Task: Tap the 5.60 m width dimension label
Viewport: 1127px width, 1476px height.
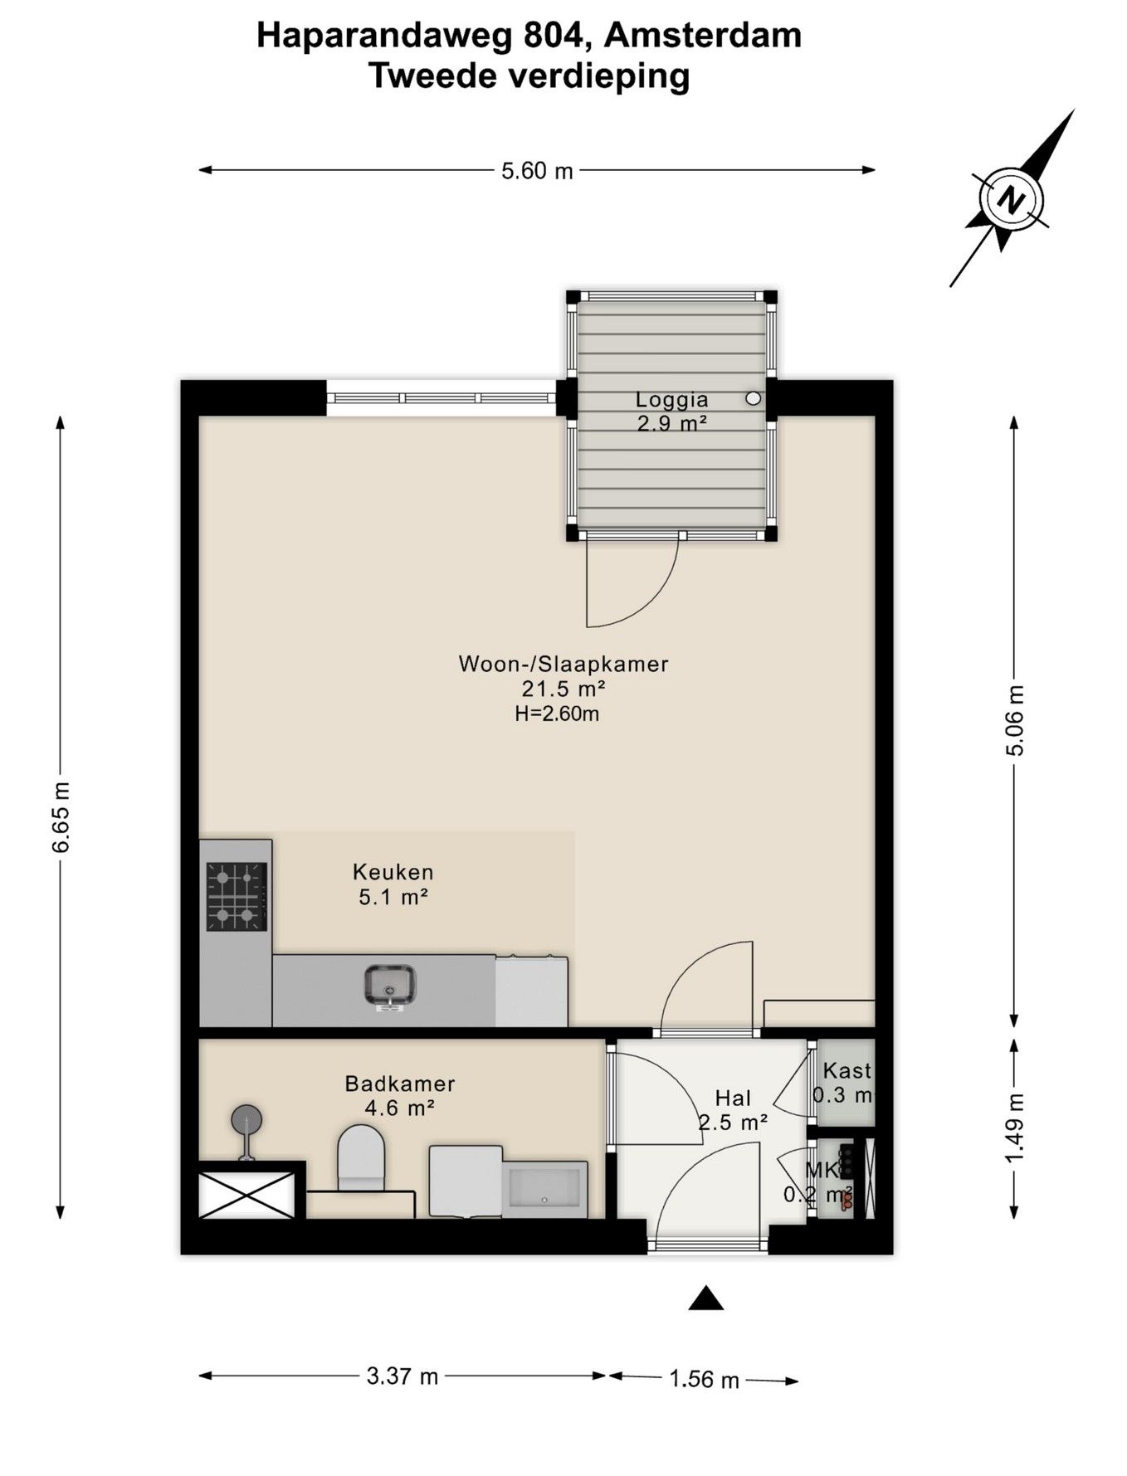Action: (x=537, y=171)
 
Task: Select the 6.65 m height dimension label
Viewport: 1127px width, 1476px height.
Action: (x=61, y=817)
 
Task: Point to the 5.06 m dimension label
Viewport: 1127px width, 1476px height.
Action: (x=1014, y=720)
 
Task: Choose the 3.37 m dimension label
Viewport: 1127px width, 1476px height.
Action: (x=402, y=1376)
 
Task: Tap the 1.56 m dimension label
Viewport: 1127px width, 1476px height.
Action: (x=704, y=1379)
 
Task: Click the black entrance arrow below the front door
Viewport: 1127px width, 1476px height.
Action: (x=705, y=1298)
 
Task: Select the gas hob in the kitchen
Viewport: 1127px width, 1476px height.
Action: (x=237, y=896)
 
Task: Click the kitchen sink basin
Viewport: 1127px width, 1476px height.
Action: (x=390, y=984)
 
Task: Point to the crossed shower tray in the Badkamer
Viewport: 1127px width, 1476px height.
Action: (x=246, y=1195)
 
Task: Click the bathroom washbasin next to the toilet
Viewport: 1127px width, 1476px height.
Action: (x=544, y=1189)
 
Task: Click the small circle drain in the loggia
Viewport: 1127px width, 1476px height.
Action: (x=753, y=398)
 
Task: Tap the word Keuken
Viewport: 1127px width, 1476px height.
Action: (x=393, y=872)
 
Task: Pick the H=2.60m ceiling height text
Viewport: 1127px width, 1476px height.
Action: (x=557, y=714)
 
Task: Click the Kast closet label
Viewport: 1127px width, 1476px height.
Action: (x=846, y=1070)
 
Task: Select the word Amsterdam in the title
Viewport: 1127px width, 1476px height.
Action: (x=703, y=36)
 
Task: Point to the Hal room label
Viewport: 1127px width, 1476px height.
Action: (x=733, y=1098)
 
